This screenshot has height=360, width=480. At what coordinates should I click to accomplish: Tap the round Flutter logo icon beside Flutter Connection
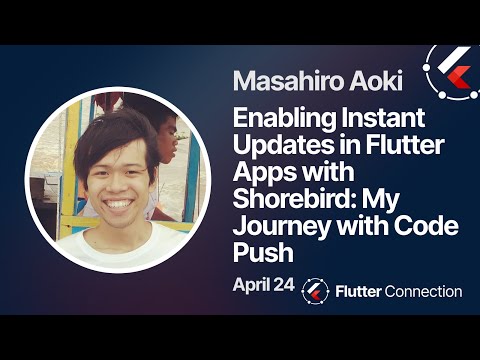click(316, 291)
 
